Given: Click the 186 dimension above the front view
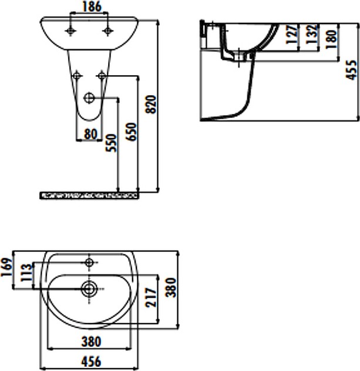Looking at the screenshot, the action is [x=92, y=6].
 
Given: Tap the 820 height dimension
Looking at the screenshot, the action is [x=152, y=104].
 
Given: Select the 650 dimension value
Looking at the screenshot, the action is [x=132, y=132].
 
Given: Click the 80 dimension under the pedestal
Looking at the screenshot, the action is [x=90, y=134].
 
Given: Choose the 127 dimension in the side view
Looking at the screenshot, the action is [x=292, y=34].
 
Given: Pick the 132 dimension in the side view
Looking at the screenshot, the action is [x=312, y=34].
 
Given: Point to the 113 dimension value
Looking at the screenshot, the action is [x=26, y=272].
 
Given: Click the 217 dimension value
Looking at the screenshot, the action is [x=151, y=298].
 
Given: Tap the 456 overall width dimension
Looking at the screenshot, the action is [x=91, y=362].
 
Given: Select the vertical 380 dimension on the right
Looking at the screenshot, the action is [x=171, y=288].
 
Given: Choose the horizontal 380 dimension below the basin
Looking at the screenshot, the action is [x=91, y=342].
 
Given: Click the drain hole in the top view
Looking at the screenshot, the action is [x=89, y=289].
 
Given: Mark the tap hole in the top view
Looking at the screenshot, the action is [x=89, y=262].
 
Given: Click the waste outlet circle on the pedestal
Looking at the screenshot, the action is [x=89, y=97].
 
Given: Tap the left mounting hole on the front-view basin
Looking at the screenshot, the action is [x=70, y=31].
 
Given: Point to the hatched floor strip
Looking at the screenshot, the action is [x=89, y=195].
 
